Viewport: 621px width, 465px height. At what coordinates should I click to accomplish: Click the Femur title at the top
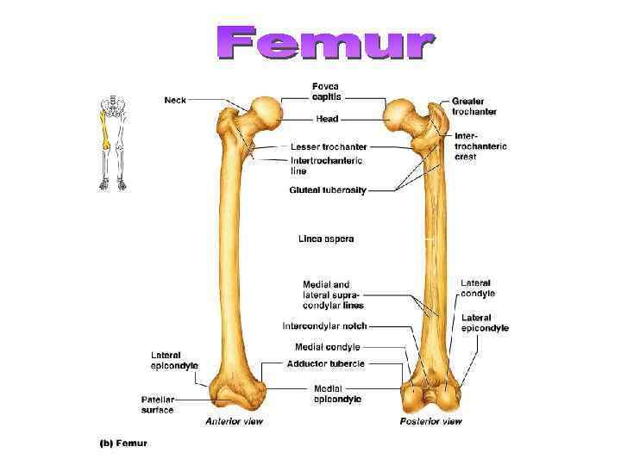(325, 44)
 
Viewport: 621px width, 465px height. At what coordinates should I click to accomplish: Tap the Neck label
(175, 100)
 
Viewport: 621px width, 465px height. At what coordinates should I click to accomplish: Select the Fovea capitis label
(326, 91)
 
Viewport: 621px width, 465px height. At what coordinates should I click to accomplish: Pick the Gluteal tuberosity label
(328, 190)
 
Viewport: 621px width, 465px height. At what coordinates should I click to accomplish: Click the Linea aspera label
(326, 239)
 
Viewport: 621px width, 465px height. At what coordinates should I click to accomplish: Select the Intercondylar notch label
(325, 325)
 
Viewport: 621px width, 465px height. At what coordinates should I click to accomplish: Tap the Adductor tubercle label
(326, 363)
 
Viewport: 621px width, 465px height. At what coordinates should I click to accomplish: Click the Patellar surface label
(158, 405)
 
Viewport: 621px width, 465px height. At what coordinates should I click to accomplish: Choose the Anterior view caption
(234, 421)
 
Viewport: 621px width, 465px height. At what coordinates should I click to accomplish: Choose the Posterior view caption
(430, 421)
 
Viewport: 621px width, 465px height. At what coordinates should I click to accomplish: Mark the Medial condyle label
(327, 347)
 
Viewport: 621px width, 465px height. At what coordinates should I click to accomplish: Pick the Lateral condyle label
(478, 288)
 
